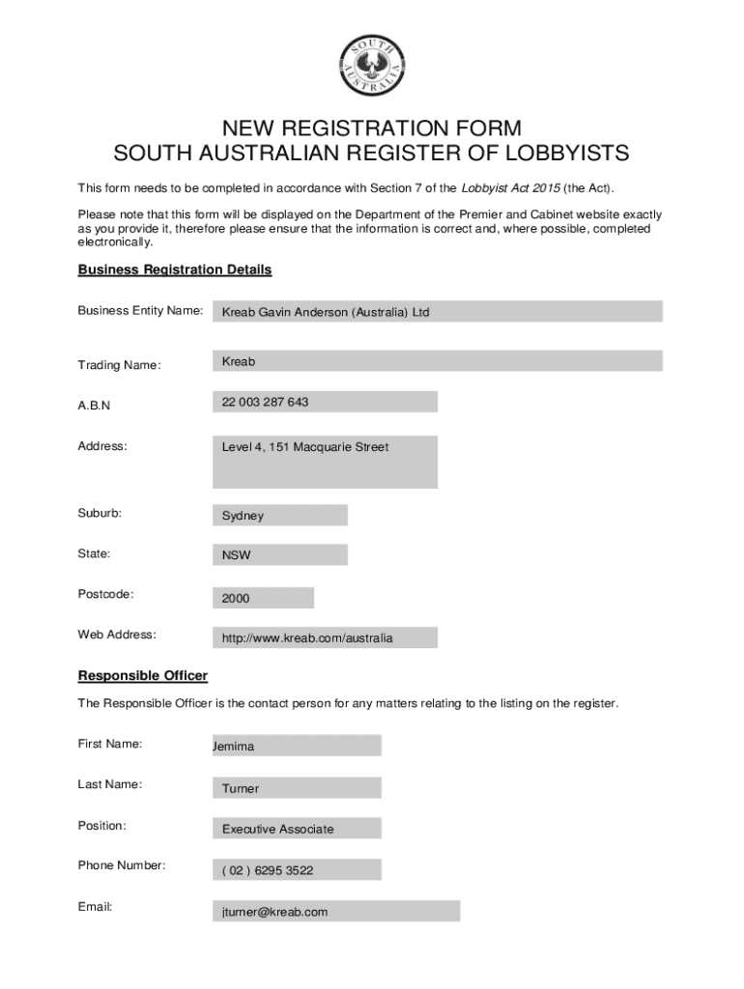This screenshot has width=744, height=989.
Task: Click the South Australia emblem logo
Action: click(372, 66)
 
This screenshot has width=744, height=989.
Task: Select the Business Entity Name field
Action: click(437, 312)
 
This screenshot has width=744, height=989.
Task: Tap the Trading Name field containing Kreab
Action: click(437, 361)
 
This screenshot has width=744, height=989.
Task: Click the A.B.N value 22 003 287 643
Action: click(325, 402)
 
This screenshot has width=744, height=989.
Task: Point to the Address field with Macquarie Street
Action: click(325, 462)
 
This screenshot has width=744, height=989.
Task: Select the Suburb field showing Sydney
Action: click(279, 515)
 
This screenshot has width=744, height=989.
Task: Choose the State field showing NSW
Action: click(279, 555)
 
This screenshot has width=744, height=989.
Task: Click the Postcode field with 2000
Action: click(263, 598)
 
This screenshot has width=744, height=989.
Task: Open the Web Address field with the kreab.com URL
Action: click(325, 638)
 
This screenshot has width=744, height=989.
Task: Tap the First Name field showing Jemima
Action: click(297, 746)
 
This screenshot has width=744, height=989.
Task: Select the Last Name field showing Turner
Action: click(297, 788)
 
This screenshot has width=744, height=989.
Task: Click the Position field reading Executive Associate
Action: click(297, 829)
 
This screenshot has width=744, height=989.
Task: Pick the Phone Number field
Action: click(297, 870)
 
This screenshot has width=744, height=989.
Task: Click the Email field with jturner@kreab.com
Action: click(335, 912)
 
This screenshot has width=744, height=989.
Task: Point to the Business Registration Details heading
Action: click(175, 269)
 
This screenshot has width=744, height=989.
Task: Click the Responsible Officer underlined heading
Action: click(142, 675)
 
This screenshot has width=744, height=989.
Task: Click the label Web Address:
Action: click(117, 635)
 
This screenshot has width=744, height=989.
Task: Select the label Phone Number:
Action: click(122, 865)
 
